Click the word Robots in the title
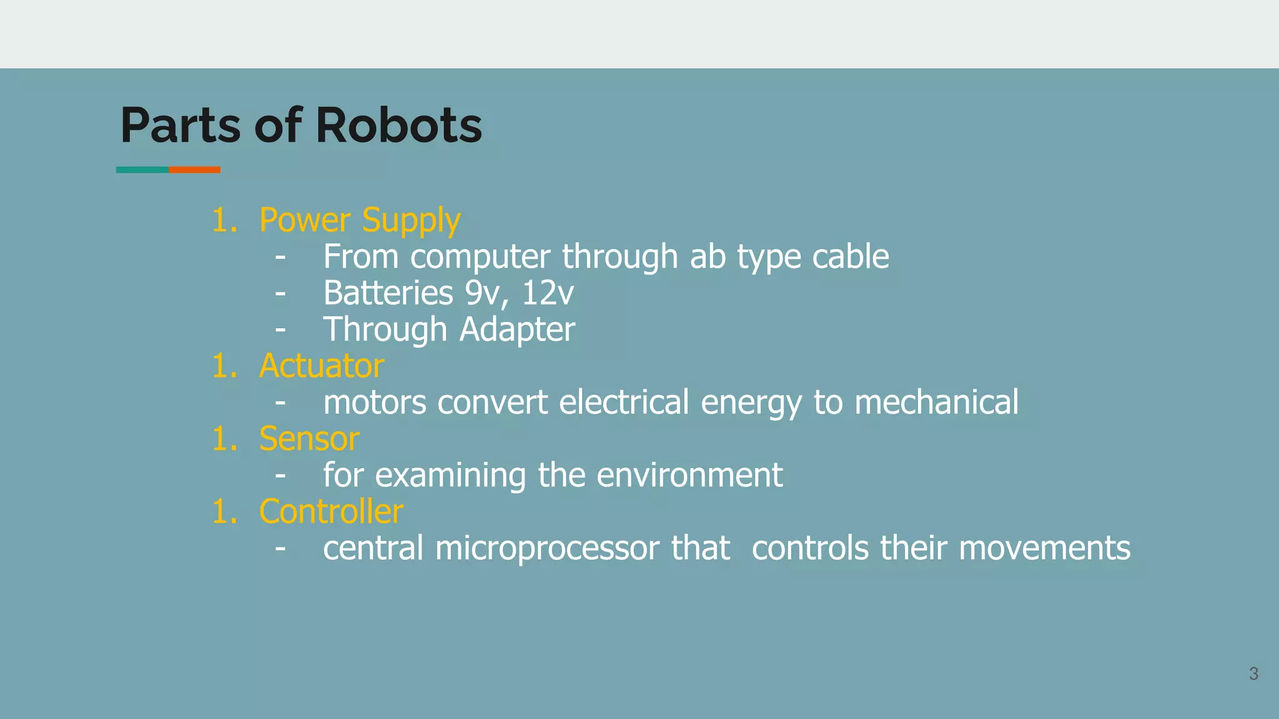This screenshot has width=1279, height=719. click(x=398, y=125)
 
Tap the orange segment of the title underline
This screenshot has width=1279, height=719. click(x=194, y=170)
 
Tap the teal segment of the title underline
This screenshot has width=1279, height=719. click(x=142, y=170)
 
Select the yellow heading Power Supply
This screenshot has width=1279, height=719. click(x=360, y=220)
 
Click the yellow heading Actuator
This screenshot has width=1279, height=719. click(x=322, y=366)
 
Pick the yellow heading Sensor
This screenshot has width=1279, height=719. click(x=309, y=439)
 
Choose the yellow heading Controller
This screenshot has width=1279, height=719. click(x=331, y=512)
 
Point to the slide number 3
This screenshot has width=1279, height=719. click(x=1253, y=674)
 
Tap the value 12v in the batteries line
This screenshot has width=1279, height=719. click(x=547, y=293)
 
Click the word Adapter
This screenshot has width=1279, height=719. click(x=517, y=329)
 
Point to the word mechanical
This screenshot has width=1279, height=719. click(x=936, y=402)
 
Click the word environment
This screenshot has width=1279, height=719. click(x=689, y=475)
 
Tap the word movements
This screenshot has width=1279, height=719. click(x=1044, y=548)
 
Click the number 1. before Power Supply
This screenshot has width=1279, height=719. click(x=224, y=220)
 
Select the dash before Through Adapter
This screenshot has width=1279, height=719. click(x=280, y=329)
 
